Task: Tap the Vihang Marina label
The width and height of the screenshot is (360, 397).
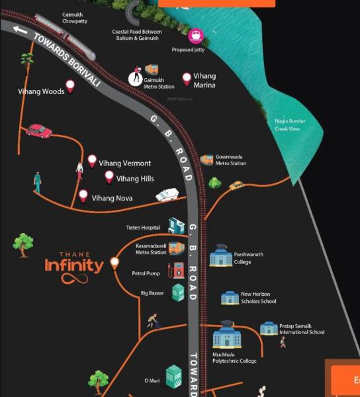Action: point(204,81)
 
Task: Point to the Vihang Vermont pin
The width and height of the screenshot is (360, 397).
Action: point(92,161)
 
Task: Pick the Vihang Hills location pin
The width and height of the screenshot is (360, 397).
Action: point(109,177)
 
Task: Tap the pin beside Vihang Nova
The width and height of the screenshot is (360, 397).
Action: point(83,196)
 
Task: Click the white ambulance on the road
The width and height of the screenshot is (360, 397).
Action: point(167,195)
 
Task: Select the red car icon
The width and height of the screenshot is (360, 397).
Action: point(39,130)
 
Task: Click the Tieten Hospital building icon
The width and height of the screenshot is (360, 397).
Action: point(177,226)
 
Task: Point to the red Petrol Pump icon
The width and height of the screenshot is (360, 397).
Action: point(177,270)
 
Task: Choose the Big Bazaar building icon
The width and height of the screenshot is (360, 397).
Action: point(177,292)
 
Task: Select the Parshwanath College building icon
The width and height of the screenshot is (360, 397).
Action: point(220,256)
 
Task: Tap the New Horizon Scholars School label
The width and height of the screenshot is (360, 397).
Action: point(258,298)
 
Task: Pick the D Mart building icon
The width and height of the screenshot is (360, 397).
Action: point(173,376)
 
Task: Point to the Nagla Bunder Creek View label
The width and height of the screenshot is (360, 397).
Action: point(287,125)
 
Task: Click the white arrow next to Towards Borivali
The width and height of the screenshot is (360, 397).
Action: point(21,29)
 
